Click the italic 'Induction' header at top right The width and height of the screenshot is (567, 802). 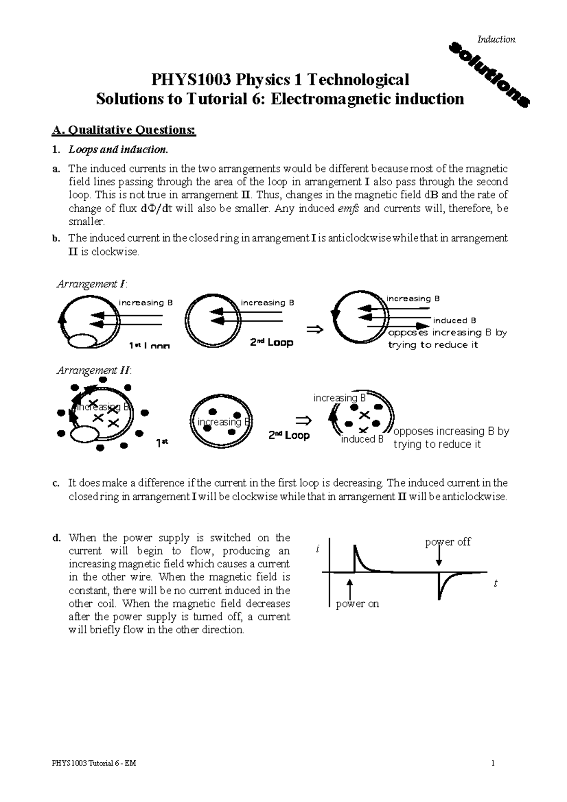click(x=496, y=40)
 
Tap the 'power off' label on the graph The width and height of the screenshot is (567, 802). click(x=448, y=542)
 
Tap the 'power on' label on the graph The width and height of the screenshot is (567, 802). click(x=357, y=604)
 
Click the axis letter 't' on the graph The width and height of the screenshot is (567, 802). click(x=495, y=584)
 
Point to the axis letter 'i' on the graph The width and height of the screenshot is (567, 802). click(x=318, y=550)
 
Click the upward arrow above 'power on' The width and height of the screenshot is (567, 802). click(x=350, y=589)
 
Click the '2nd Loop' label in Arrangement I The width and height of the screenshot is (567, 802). click(x=271, y=343)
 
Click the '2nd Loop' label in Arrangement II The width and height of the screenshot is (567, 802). click(x=289, y=435)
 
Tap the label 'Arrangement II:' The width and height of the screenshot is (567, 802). click(x=94, y=370)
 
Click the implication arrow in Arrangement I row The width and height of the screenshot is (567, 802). click(x=315, y=329)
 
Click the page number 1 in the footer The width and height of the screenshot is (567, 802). click(x=492, y=763)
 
